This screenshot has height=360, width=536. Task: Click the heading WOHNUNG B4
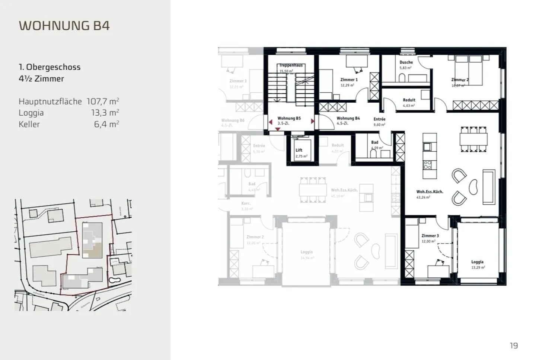64,26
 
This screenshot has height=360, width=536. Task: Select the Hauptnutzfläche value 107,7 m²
103,101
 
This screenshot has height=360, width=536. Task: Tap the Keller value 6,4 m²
106,124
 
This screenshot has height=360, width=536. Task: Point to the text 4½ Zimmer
41,79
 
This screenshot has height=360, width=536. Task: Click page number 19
514,346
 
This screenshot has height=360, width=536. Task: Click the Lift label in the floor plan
299,150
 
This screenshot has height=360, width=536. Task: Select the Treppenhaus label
291,65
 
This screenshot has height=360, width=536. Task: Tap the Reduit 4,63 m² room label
409,100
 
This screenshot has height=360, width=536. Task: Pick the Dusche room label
406,62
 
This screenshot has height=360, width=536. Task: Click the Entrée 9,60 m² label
379,119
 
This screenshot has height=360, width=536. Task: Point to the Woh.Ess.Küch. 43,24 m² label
430,192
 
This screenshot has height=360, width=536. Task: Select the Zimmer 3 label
430,236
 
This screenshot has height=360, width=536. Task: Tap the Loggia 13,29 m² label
477,262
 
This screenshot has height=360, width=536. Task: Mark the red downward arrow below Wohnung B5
278,129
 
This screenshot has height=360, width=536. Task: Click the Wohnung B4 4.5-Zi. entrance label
348,119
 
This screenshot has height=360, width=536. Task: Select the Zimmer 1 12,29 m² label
349,80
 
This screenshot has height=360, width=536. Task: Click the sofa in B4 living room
489,187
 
